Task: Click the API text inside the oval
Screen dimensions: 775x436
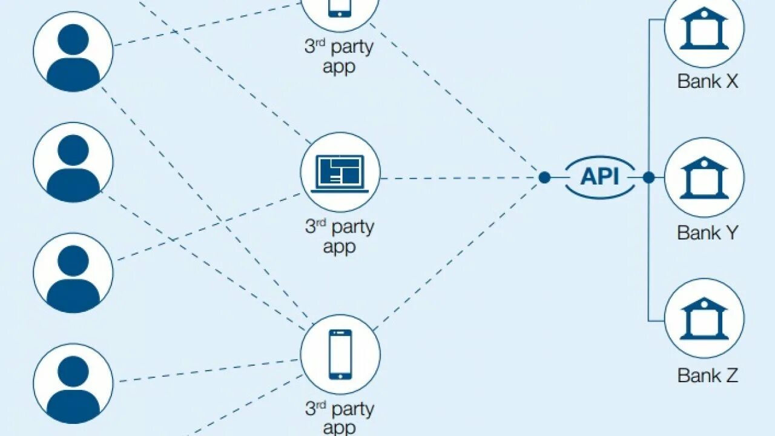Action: click(600, 177)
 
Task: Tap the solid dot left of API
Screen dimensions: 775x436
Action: click(544, 177)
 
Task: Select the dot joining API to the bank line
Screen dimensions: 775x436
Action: click(648, 177)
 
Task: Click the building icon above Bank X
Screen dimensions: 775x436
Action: click(704, 29)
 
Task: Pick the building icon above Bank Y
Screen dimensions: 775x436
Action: click(704, 178)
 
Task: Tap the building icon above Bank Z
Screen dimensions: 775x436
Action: click(704, 319)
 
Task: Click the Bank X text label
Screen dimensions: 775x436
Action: click(707, 81)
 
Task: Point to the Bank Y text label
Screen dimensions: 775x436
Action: click(707, 233)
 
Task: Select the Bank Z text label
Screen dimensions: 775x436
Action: click(707, 375)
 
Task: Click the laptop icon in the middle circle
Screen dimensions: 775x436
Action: click(340, 173)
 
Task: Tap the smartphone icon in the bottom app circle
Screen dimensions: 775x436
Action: click(340, 354)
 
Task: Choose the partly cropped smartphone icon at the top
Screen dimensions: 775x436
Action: click(340, 7)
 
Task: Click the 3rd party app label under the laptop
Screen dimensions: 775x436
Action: click(340, 237)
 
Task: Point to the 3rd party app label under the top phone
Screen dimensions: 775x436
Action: click(339, 56)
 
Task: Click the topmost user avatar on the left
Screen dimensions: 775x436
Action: click(73, 52)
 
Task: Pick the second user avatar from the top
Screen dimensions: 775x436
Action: click(73, 162)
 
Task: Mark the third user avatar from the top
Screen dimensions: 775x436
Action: click(73, 273)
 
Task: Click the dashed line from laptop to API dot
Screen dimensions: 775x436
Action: click(460, 178)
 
